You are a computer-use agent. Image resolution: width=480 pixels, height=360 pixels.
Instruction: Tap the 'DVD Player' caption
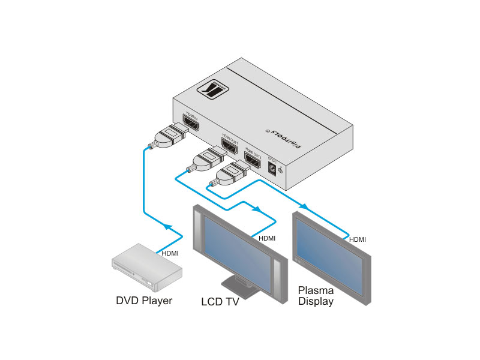[x=144, y=300]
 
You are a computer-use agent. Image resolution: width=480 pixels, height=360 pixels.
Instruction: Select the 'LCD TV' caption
[x=220, y=302]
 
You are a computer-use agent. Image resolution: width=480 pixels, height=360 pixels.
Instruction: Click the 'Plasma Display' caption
[x=316, y=296]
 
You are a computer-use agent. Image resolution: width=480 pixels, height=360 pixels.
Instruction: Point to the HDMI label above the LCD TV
[x=267, y=238]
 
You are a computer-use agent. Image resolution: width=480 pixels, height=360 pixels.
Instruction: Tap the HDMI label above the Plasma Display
[x=358, y=239]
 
